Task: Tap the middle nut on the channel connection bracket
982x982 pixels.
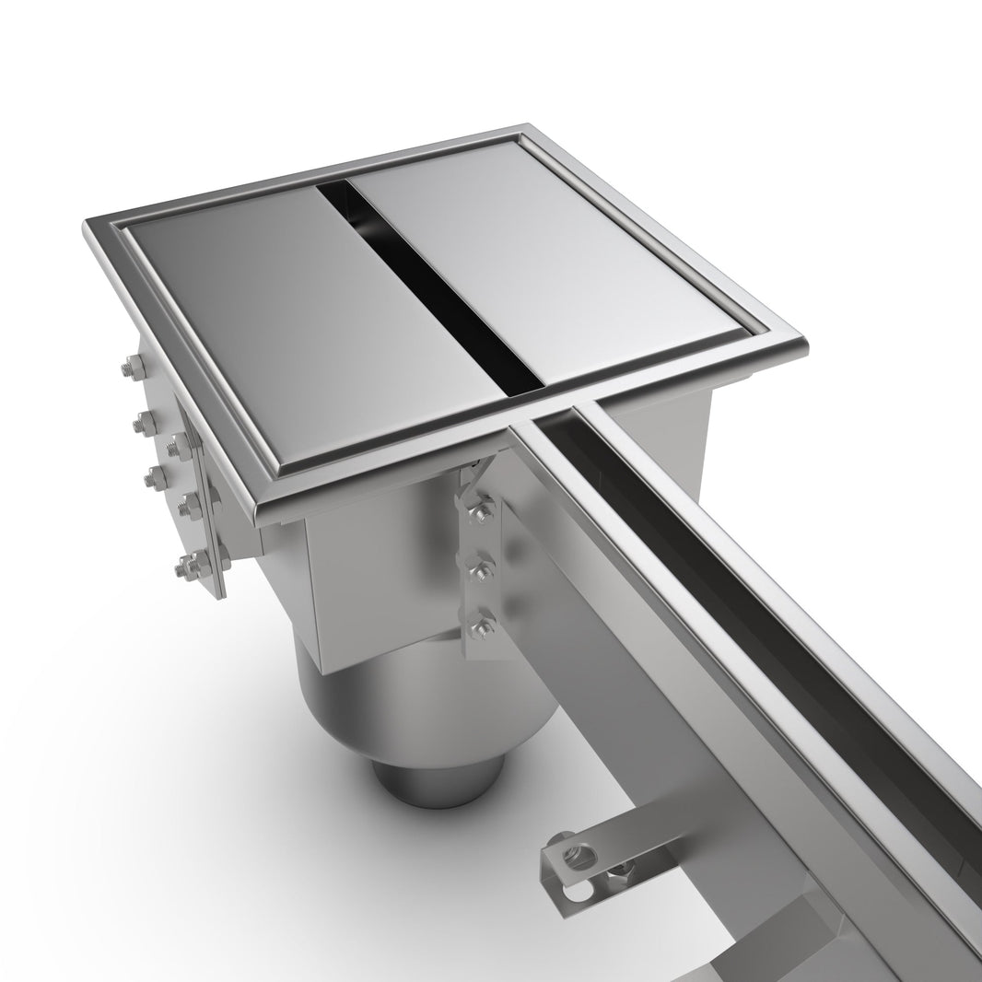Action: tap(480, 567)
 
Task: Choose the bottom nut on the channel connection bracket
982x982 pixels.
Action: tap(479, 627)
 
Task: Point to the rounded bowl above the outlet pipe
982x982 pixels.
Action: tap(424, 700)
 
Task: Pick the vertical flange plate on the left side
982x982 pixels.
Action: tap(207, 516)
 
